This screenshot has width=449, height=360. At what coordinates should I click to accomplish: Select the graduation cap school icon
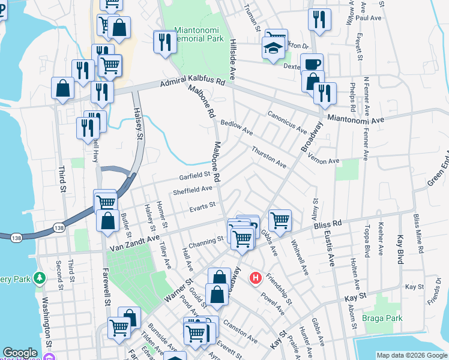(273, 48)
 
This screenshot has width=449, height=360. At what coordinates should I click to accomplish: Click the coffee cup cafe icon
(312, 64)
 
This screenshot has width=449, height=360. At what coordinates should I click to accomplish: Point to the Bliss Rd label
(327, 225)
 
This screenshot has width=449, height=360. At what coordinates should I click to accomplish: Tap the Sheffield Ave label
(193, 190)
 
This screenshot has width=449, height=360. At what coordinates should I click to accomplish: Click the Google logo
(20, 353)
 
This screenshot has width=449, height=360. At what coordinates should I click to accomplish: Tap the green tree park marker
(40, 278)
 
